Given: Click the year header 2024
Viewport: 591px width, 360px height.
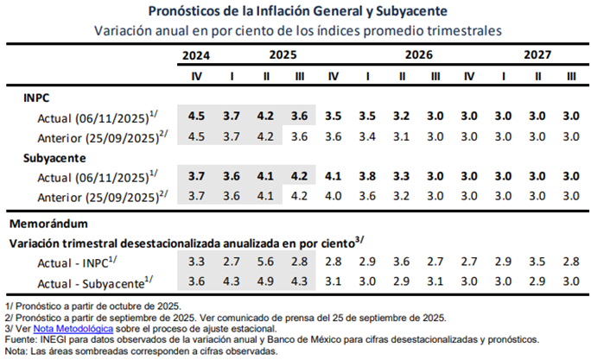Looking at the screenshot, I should [196, 55].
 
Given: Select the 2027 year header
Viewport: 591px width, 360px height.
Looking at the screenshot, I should [537, 55].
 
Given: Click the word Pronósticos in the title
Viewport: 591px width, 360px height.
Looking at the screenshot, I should [189, 11].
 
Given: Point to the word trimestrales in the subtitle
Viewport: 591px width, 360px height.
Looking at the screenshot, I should [462, 30].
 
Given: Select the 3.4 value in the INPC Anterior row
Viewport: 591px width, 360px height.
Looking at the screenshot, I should [367, 136].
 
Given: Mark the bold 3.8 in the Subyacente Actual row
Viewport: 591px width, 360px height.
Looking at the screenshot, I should [367, 175].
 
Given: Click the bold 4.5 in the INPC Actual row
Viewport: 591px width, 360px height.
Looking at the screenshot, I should [196, 116].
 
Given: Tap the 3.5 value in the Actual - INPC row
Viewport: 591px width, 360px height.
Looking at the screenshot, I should [537, 261].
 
